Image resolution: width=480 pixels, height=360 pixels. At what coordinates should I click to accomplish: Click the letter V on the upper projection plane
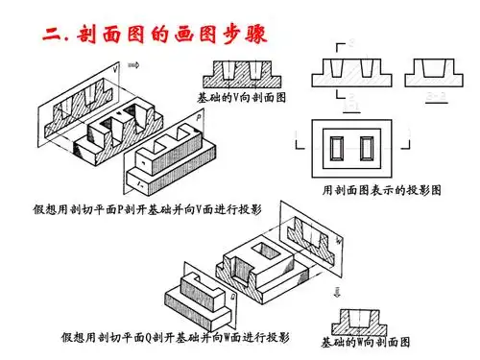click(x=115, y=70)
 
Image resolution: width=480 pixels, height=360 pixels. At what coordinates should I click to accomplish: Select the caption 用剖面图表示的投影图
click(x=381, y=191)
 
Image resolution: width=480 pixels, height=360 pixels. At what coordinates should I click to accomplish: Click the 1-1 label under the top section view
click(x=351, y=96)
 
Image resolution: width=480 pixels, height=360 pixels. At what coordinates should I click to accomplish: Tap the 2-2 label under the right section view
click(x=433, y=96)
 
